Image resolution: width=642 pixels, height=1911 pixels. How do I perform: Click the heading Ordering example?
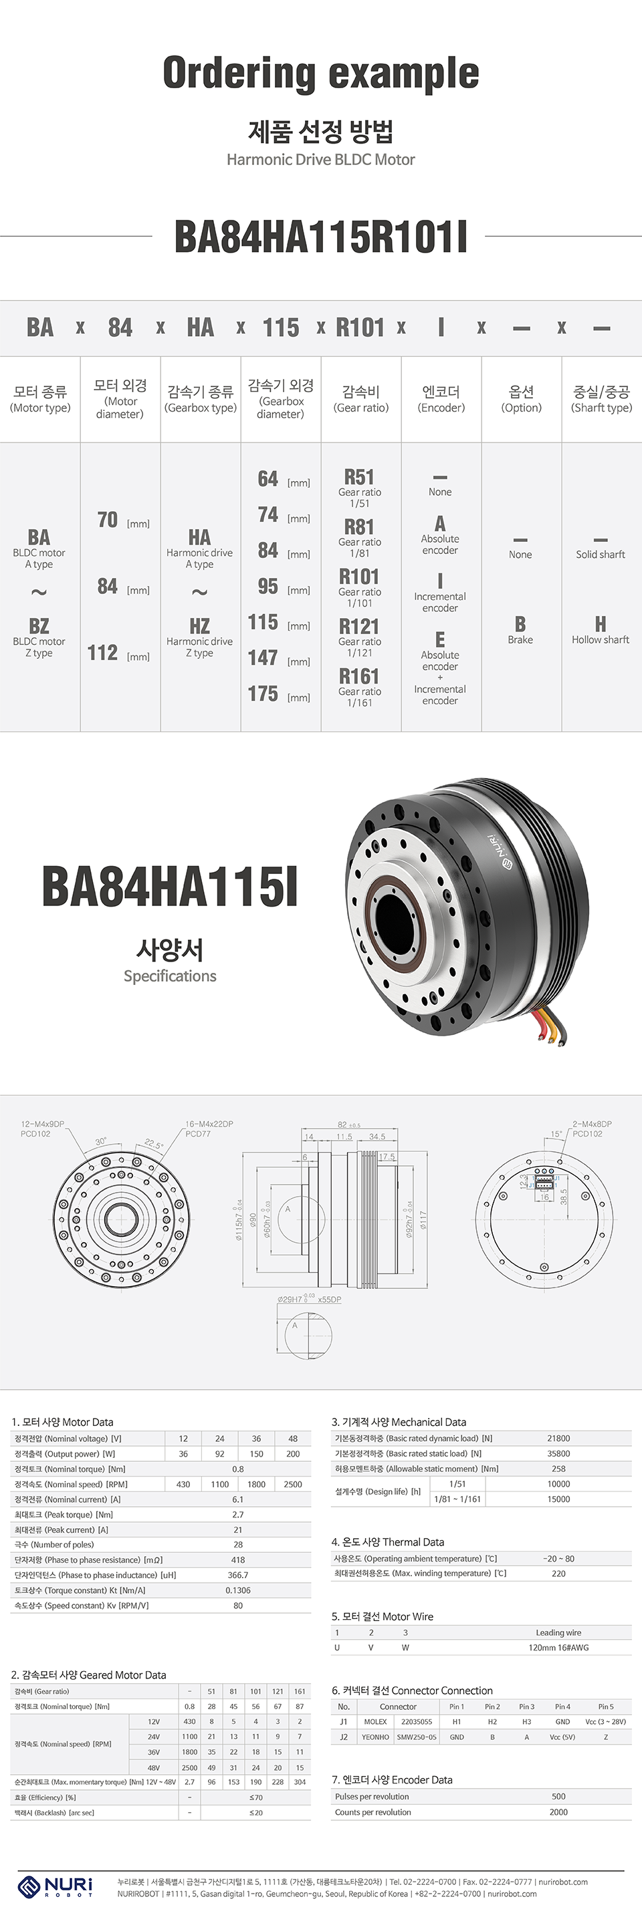click(320, 73)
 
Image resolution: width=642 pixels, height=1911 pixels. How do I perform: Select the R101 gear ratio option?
click(359, 577)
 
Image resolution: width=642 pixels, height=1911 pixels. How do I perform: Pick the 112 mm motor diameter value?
click(103, 653)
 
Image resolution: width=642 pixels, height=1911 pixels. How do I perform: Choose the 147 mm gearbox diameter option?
click(263, 658)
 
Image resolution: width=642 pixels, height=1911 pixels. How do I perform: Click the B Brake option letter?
click(520, 624)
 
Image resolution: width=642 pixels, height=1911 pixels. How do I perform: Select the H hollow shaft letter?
click(601, 624)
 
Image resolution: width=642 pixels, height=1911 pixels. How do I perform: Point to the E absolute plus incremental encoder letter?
click(440, 639)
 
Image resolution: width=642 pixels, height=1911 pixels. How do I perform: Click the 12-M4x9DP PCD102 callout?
click(42, 1129)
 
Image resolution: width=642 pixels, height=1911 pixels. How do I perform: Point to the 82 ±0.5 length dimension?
click(348, 1125)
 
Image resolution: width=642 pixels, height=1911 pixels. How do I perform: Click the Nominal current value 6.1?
click(237, 1499)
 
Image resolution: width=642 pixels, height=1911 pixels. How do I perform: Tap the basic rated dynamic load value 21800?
click(558, 1438)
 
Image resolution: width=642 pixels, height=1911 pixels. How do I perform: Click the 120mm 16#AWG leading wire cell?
click(558, 1648)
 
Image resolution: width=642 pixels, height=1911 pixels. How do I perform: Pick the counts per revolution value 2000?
click(558, 1811)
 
